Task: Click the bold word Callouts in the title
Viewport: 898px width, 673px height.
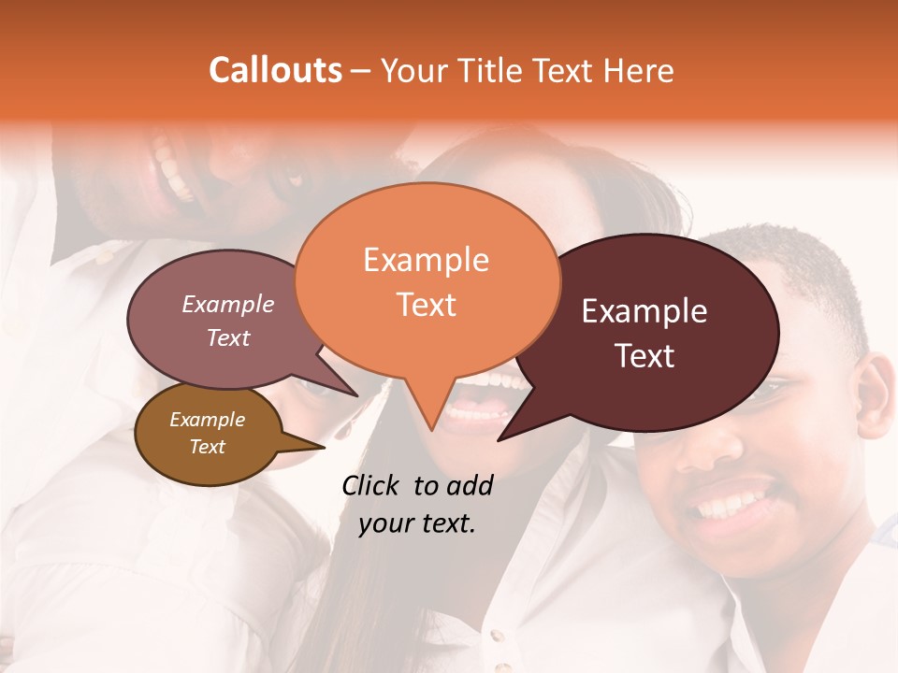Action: coord(275,70)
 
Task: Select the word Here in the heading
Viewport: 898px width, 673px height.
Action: coord(639,71)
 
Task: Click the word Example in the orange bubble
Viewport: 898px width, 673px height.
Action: coord(426,260)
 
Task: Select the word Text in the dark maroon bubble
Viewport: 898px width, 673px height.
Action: coord(645,355)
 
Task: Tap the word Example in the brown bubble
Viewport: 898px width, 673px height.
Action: coord(207,420)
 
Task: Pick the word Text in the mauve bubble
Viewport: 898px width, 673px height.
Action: coord(228,337)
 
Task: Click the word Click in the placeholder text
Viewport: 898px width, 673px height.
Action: coord(372,485)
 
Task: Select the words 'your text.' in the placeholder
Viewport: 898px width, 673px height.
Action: coord(417,523)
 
